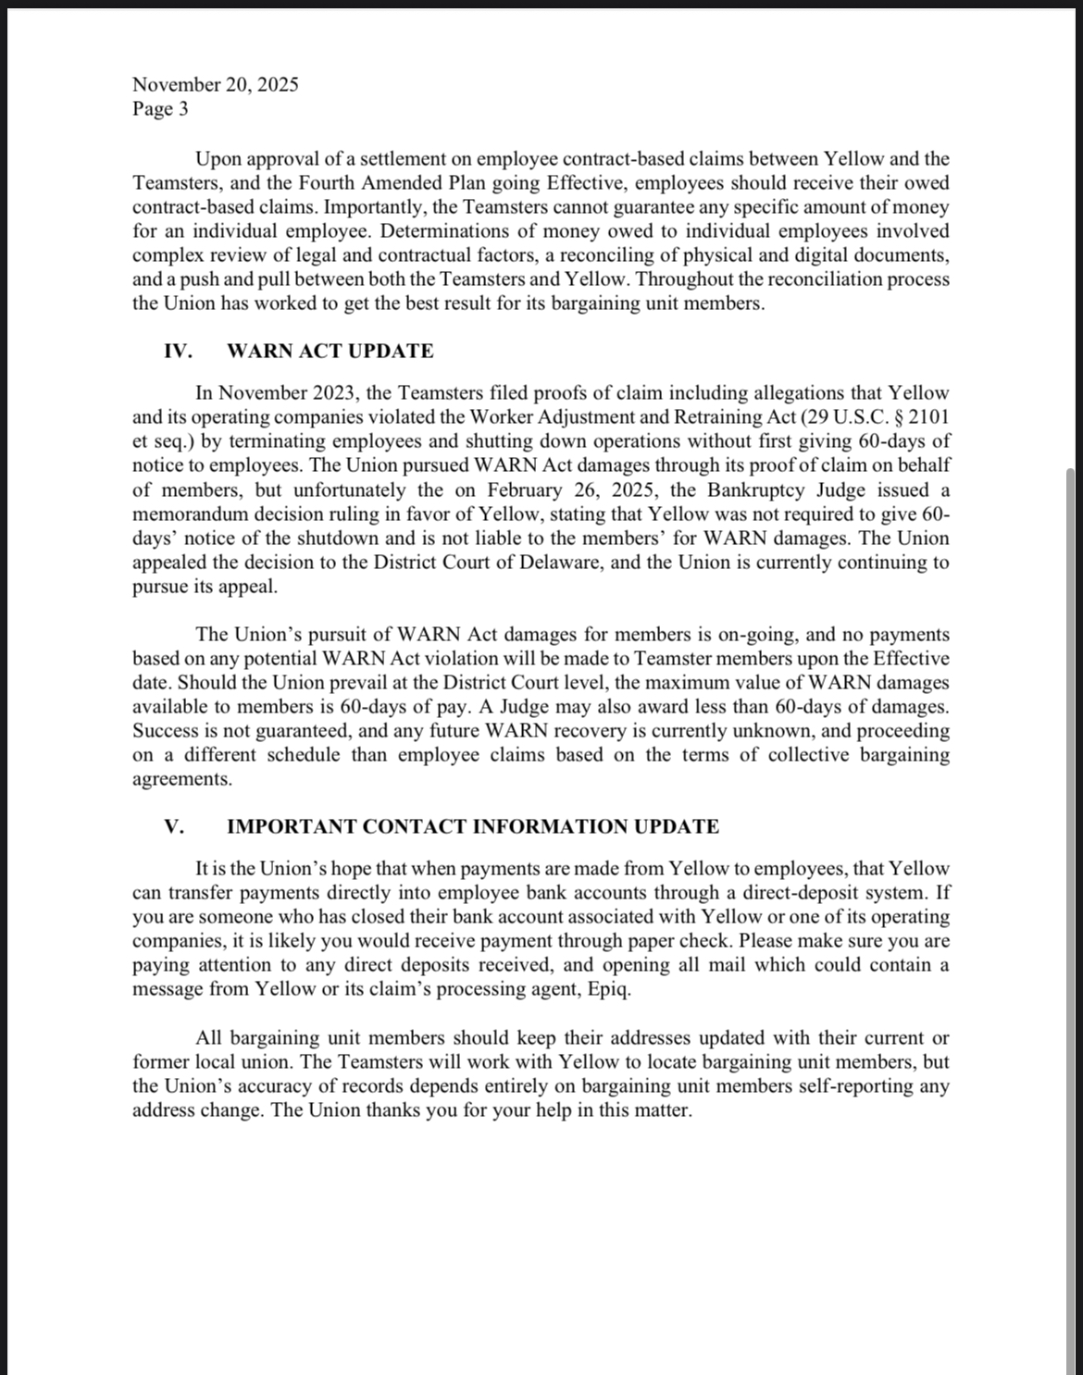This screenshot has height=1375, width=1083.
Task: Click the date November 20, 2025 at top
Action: click(x=215, y=85)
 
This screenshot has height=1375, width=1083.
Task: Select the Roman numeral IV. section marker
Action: click(x=178, y=352)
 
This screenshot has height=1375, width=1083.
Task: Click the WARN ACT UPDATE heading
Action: click(x=330, y=352)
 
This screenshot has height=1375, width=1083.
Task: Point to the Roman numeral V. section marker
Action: click(x=174, y=827)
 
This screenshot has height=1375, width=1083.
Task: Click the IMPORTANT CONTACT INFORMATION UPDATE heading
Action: click(x=472, y=827)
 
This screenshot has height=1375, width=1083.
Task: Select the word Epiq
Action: click(x=610, y=989)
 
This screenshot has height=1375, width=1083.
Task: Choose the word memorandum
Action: click(x=191, y=514)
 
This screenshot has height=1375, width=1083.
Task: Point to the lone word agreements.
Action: click(x=182, y=779)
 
